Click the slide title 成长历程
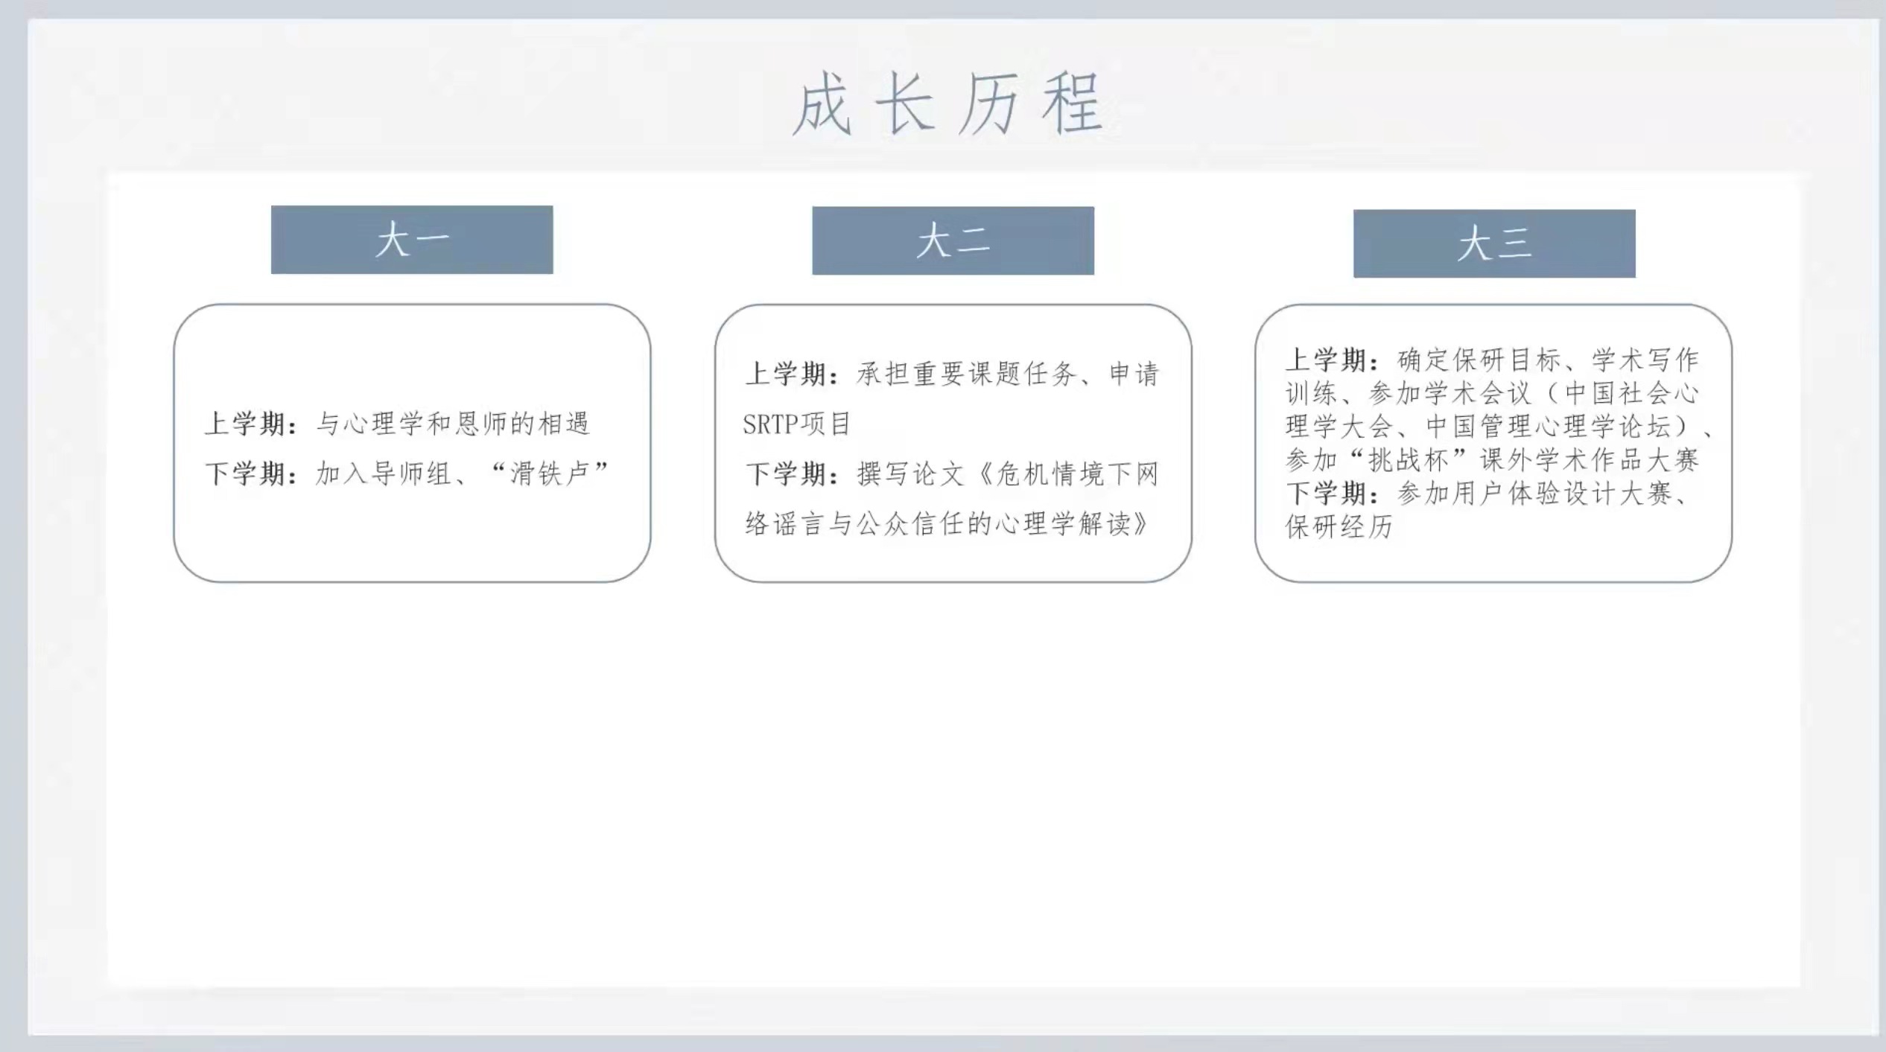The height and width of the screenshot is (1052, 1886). pos(947,103)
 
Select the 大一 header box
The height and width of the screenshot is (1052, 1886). pos(412,240)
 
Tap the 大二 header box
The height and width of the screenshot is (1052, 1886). pos(953,240)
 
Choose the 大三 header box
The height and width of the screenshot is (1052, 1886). pos(1494,243)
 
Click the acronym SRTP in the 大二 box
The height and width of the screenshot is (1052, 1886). pos(771,424)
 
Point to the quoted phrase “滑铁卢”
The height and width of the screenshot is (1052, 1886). pos(550,473)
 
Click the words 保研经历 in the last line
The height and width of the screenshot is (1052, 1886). pos(1339,526)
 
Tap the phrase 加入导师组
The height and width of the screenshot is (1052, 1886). pos(384,474)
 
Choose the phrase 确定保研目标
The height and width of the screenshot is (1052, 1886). pos(1479,360)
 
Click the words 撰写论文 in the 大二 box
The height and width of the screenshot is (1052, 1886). pos(911,474)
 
